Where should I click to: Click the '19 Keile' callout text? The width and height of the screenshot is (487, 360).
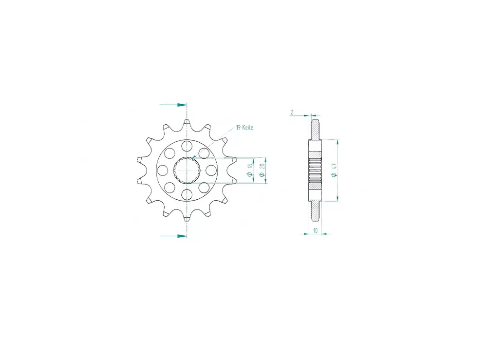click(x=244, y=127)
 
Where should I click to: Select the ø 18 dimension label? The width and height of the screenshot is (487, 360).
click(x=249, y=171)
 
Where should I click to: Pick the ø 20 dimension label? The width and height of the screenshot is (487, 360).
click(x=262, y=170)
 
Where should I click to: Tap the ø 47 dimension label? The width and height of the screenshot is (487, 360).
click(x=334, y=170)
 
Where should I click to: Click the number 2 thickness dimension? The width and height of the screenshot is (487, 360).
click(x=292, y=112)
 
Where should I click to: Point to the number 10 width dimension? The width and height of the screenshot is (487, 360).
click(x=315, y=230)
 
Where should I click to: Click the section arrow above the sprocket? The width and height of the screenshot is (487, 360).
click(x=173, y=105)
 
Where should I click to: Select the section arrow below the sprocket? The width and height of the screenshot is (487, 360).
click(x=173, y=236)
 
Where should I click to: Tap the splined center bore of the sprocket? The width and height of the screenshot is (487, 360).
click(x=187, y=170)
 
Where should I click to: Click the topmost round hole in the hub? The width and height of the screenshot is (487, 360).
click(x=187, y=145)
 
